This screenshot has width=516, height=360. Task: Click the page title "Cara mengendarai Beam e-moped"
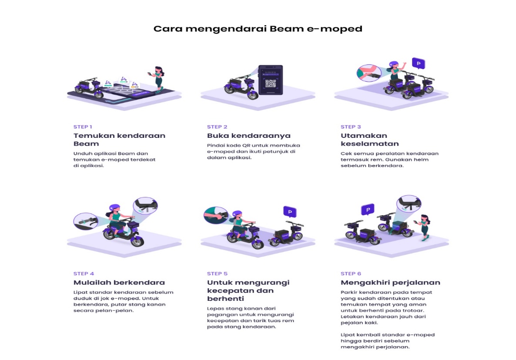point(258,29)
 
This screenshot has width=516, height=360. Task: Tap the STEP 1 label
point(83,127)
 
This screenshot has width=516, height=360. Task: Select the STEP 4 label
point(84,273)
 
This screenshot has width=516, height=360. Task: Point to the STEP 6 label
point(351,273)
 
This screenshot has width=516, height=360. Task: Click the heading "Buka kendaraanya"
point(249,136)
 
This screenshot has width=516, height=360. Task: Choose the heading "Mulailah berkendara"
point(119,283)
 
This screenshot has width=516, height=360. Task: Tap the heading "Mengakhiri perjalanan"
point(390,283)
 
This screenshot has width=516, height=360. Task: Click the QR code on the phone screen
point(271,84)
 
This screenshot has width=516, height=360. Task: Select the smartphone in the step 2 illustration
point(271,80)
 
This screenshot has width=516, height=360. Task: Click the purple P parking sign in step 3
point(419,63)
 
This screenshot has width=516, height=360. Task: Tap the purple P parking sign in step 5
point(290,212)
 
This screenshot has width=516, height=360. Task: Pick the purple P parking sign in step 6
point(368,210)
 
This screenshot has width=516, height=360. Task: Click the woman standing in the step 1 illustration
point(157,79)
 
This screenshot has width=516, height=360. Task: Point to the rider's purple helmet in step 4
point(114,208)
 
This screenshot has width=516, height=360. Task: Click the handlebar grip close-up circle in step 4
point(86,221)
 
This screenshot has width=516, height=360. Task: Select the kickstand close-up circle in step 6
point(409,204)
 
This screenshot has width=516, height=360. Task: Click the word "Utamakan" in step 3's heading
point(364,136)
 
